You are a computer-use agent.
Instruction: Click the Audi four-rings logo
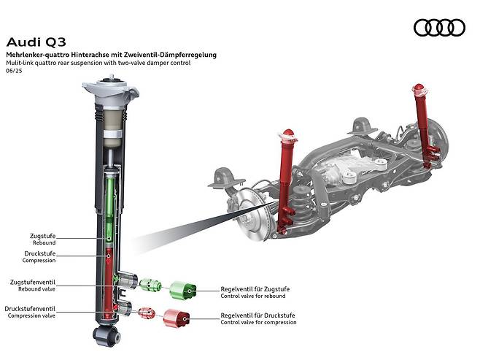438,28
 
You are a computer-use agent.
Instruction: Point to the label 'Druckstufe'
41,253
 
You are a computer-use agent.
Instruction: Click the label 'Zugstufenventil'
33,281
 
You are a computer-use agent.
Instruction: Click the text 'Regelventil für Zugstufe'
255,290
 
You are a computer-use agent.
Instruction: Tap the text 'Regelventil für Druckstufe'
258,316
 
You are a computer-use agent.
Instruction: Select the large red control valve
177,318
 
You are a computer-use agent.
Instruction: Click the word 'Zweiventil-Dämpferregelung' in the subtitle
172,55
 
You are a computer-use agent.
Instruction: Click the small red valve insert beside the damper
145,313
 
